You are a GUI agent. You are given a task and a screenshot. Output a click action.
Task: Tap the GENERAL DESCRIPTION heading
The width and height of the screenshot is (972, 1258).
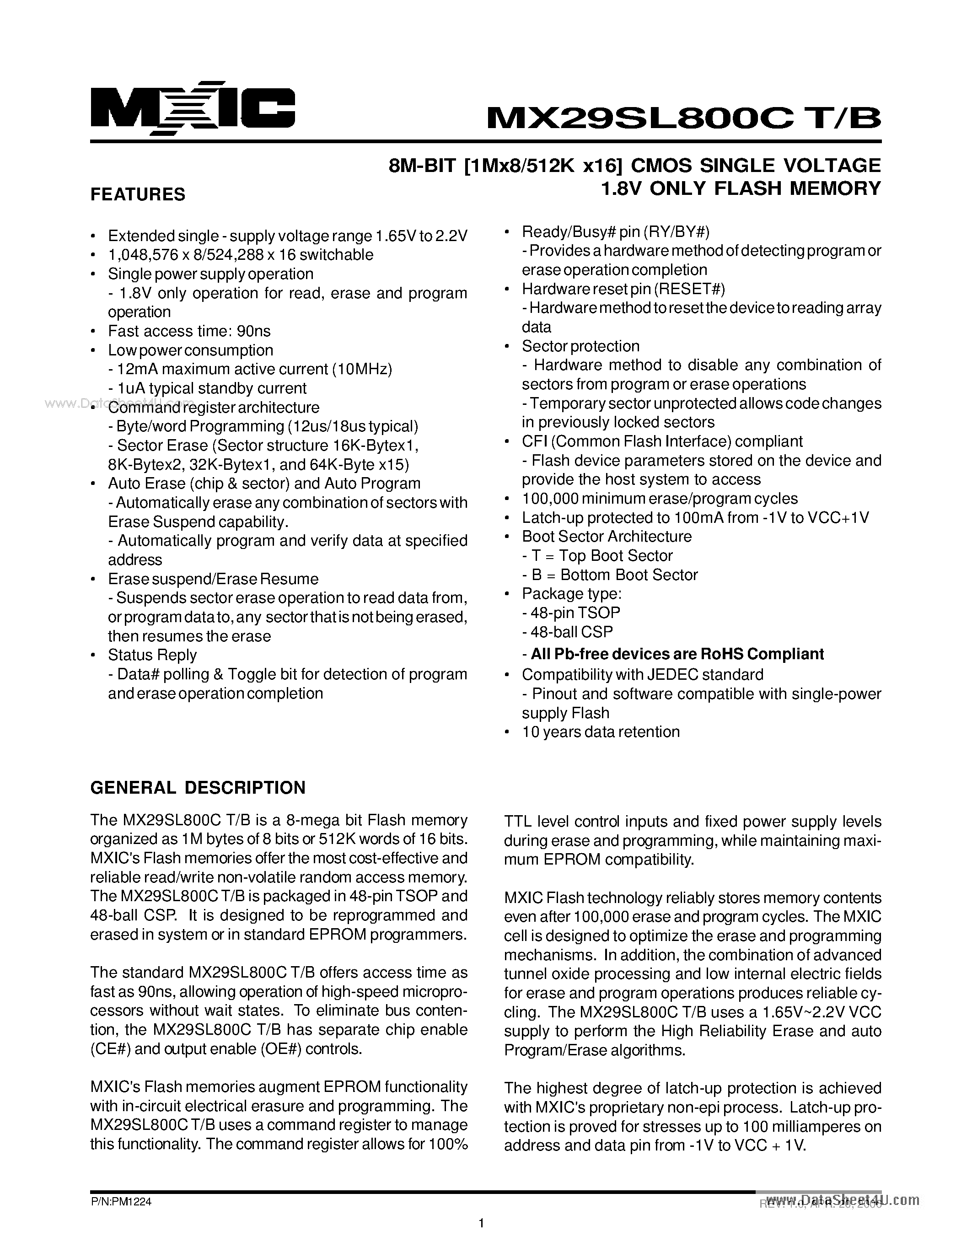click(x=198, y=787)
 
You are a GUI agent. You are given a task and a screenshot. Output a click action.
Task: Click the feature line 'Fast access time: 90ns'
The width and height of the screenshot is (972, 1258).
click(x=189, y=331)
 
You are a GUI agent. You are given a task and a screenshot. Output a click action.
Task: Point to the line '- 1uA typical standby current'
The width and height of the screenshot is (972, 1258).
click(x=207, y=388)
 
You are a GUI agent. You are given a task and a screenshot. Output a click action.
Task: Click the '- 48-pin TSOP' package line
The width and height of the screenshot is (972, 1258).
click(x=571, y=613)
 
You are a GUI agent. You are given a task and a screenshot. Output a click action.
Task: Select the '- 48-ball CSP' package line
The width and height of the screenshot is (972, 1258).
click(x=567, y=632)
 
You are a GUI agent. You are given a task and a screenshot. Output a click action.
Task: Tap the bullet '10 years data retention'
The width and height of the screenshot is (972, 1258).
click(x=601, y=732)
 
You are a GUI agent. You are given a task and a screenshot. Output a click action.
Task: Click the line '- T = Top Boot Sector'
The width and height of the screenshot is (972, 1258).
click(x=597, y=556)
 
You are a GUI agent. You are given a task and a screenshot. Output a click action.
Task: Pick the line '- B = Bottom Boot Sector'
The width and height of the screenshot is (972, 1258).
click(x=610, y=575)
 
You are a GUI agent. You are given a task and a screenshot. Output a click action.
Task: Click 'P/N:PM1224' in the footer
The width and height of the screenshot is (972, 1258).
click(x=121, y=1203)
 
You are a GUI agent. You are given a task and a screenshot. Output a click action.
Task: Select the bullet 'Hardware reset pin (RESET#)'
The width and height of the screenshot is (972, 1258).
click(x=623, y=289)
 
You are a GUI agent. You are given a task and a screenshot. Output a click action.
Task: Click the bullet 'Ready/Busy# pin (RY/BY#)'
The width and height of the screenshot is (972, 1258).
click(x=616, y=232)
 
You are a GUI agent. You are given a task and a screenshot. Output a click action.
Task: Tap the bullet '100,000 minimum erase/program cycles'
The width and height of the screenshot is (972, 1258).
click(x=659, y=499)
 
